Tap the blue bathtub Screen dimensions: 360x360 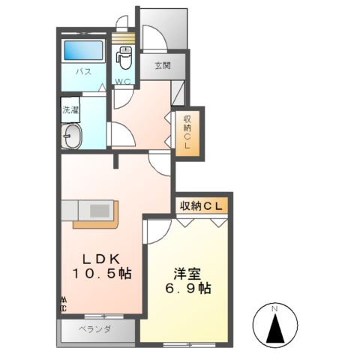pos(83,51)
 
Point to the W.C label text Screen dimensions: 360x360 pos(124,81)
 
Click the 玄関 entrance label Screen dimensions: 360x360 pos(163,65)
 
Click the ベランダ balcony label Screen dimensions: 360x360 pos(96,329)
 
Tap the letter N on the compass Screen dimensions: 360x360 pos(274,308)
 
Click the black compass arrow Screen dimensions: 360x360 pos(274,327)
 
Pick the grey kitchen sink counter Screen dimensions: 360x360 pos(91,208)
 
